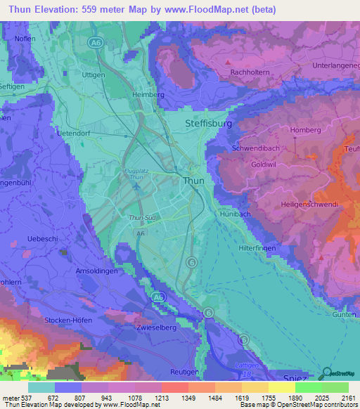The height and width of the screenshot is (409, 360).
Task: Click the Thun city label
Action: (x=193, y=181)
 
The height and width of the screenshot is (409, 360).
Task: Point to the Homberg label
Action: (x=305, y=130)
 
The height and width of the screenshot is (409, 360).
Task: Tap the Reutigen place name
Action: (x=185, y=370)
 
